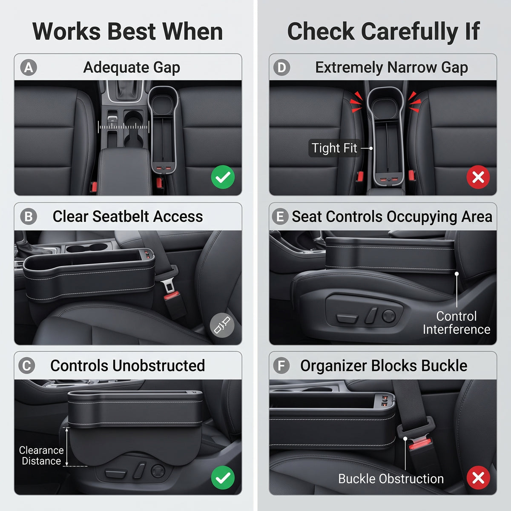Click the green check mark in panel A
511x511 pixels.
coord(223,177)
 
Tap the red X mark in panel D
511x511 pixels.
coord(478,177)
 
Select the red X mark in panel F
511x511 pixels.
coord(478,478)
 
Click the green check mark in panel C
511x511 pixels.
coord(223,478)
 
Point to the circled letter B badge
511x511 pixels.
coord(29,216)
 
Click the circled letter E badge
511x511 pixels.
coord(280,216)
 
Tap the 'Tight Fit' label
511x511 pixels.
coord(334,148)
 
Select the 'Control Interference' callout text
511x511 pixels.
coord(456,323)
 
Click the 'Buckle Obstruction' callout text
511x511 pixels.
coord(391,479)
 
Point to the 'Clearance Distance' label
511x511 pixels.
coord(41,456)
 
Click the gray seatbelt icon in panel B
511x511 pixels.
coord(222,325)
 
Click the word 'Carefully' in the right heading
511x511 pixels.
coord(409,32)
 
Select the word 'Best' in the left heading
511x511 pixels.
coord(132,32)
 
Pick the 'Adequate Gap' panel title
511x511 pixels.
coord(132,67)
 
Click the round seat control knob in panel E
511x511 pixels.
coord(389,316)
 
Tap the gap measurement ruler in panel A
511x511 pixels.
coord(123,127)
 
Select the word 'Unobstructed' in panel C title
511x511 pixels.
coord(158,366)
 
